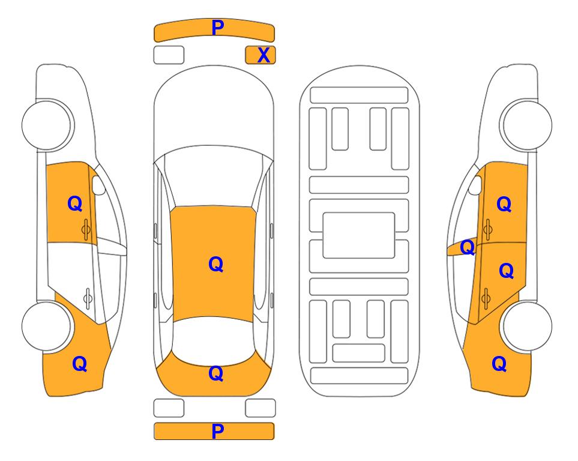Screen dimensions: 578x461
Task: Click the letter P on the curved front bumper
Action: click(x=217, y=28)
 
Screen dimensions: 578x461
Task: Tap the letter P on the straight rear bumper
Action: click(x=217, y=431)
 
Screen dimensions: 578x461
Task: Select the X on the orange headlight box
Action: click(x=263, y=55)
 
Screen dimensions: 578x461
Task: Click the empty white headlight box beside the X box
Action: click(x=169, y=55)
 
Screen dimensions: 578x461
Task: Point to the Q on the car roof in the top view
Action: click(x=216, y=264)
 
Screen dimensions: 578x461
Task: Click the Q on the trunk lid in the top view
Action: click(x=216, y=373)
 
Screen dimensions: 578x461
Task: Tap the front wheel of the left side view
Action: click(x=47, y=125)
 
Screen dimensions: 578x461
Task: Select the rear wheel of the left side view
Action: click(x=47, y=326)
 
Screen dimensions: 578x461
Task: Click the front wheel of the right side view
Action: click(x=528, y=125)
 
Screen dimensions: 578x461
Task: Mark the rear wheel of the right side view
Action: click(x=528, y=326)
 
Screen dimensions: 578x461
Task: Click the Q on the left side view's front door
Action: click(x=75, y=203)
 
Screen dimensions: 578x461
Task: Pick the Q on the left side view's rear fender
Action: click(x=80, y=364)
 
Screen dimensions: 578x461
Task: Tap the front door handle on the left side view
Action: click(x=86, y=230)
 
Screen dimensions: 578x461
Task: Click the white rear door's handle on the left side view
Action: click(x=88, y=298)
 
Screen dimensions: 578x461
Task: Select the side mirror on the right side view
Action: click(x=475, y=185)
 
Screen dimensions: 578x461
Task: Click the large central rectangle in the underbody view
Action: click(x=359, y=235)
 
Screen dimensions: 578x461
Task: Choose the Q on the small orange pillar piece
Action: click(x=468, y=247)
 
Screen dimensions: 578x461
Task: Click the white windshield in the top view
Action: click(x=213, y=176)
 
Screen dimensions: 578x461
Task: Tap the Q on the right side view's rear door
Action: click(x=507, y=271)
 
